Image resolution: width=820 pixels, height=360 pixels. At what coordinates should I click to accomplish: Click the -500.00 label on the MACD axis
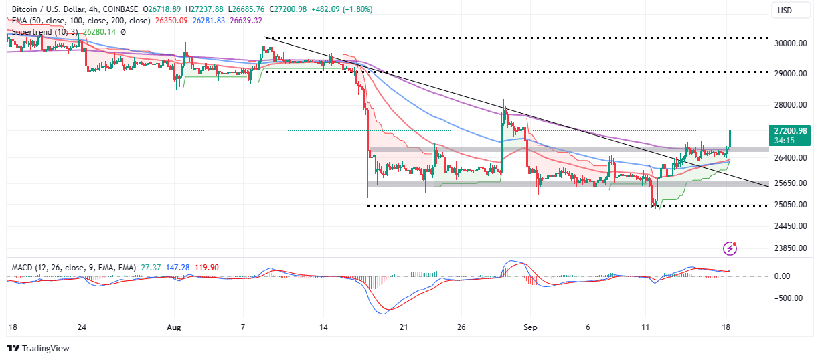[785, 298]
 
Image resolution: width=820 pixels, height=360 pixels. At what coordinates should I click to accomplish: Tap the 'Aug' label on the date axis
[174, 328]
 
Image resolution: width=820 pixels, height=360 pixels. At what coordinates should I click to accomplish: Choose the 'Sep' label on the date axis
[529, 328]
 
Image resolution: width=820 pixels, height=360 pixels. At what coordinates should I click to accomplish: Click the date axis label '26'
[461, 328]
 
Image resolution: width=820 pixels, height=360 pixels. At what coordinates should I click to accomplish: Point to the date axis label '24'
[82, 328]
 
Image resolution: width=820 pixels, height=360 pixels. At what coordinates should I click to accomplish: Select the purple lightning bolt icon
[730, 249]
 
